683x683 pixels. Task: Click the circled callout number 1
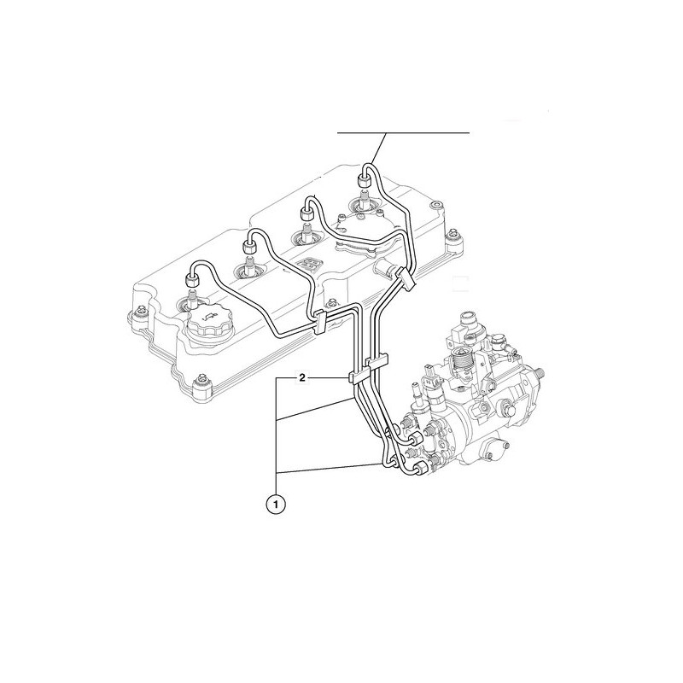[x=276, y=505]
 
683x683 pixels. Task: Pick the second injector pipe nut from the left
[x=249, y=247]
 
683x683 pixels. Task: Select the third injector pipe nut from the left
[x=306, y=214]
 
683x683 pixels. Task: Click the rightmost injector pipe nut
[x=363, y=179]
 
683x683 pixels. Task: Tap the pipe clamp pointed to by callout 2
[x=356, y=377]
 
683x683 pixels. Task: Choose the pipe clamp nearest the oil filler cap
[x=321, y=322]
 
